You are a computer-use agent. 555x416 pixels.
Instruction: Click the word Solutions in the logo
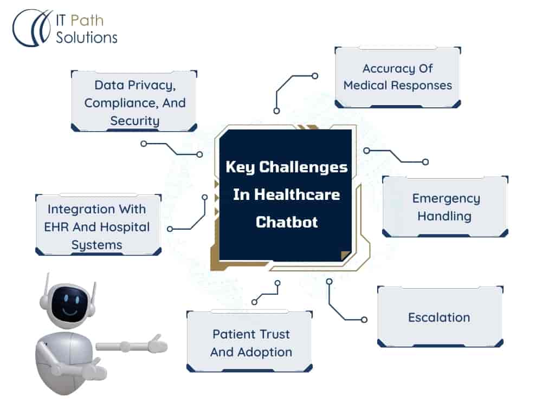tap(87, 37)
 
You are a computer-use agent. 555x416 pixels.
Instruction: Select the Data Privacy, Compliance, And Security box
tap(134, 101)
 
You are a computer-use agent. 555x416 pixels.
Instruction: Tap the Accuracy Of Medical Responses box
tap(397, 77)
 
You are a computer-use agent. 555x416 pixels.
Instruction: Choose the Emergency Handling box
tap(445, 206)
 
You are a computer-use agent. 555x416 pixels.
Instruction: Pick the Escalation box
tap(440, 317)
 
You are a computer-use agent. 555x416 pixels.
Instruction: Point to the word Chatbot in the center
tap(287, 222)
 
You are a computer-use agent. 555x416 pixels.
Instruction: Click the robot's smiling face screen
tap(67, 305)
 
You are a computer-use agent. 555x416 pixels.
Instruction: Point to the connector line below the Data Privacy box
tap(171, 149)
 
